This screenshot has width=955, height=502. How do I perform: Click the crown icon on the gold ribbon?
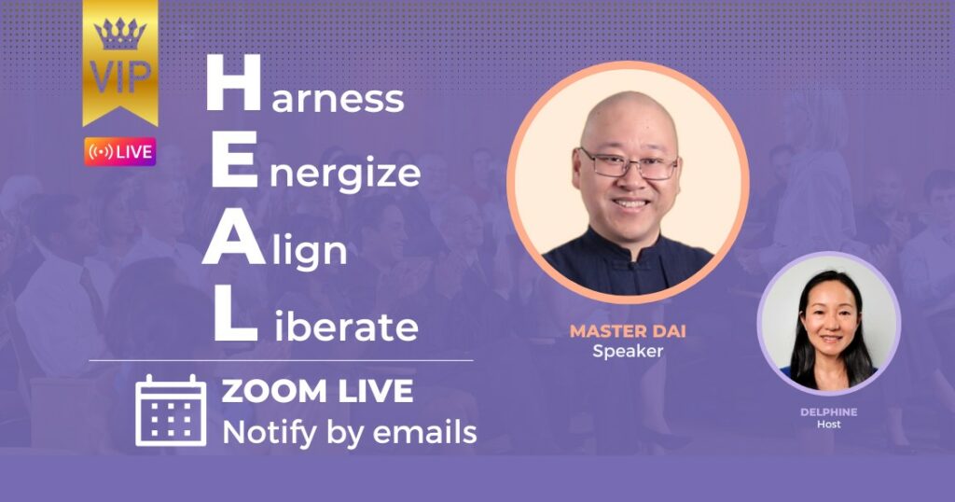[120, 35]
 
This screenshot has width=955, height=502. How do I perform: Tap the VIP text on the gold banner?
[120, 77]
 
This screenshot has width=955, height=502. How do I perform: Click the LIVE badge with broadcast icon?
[120, 152]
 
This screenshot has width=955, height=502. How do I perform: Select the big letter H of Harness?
[234, 83]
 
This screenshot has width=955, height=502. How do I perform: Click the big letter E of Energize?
[234, 160]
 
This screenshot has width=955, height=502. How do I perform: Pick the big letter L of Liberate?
[235, 314]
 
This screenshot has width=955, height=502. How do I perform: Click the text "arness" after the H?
[338, 98]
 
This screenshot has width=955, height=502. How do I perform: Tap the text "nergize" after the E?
[345, 174]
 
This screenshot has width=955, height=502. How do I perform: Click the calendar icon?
[171, 411]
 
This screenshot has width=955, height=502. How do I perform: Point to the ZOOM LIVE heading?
[317, 391]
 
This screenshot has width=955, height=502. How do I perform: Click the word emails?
[424, 433]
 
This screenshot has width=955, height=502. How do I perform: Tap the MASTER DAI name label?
[628, 331]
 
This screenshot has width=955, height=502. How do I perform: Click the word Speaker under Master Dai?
[628, 352]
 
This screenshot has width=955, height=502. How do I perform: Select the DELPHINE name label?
[829, 412]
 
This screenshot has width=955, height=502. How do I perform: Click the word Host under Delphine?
[829, 424]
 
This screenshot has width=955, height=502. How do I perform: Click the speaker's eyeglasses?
[629, 164]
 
